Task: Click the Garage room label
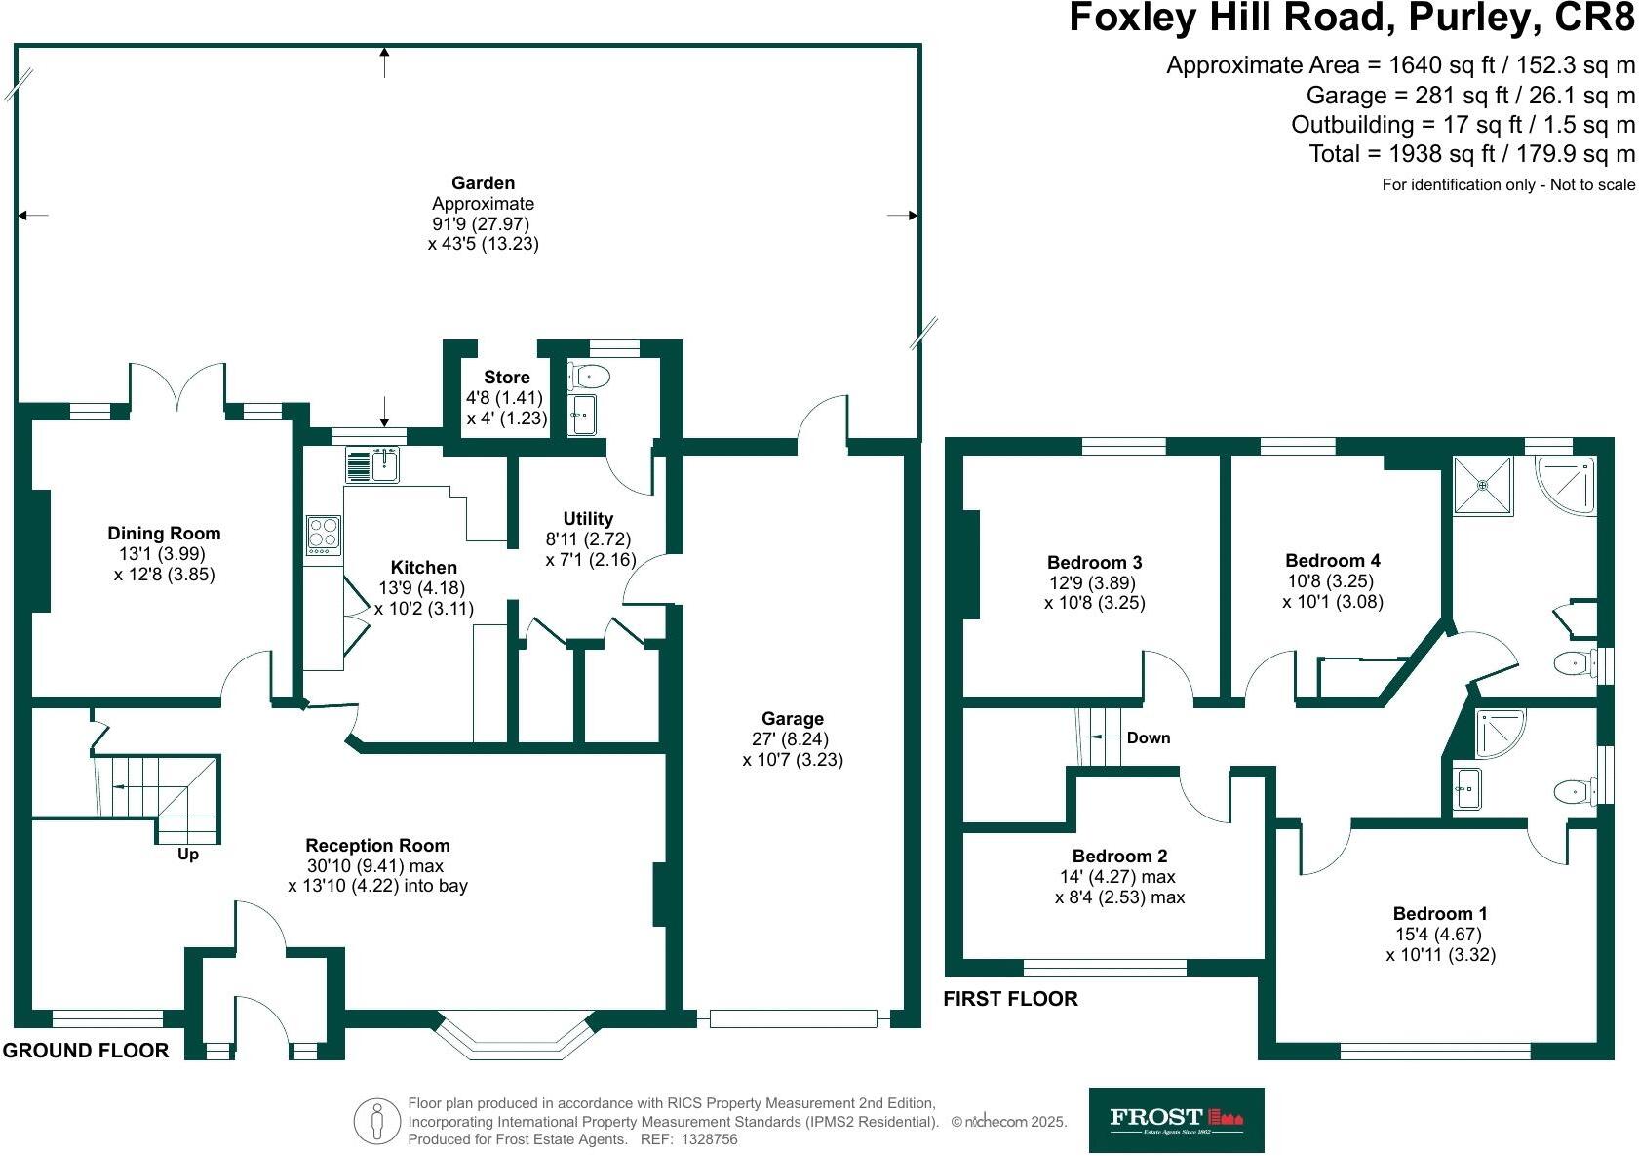coord(793,718)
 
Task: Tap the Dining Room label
coord(164,533)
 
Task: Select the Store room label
coord(506,377)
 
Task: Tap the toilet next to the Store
coord(589,377)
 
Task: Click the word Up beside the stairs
coord(188,855)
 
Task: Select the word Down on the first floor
coord(1148,737)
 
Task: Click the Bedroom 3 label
coord(1094,562)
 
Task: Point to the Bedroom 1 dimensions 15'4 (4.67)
coord(1438,935)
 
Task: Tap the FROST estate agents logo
coord(1177,1120)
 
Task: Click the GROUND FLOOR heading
coord(86,1051)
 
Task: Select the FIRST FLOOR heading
coord(1010,999)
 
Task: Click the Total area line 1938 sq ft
coord(1471,154)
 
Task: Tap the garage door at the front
coord(793,1018)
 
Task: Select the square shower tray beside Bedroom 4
coord(1482,485)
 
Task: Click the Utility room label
coord(588,518)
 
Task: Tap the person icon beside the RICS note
coord(376,1121)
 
